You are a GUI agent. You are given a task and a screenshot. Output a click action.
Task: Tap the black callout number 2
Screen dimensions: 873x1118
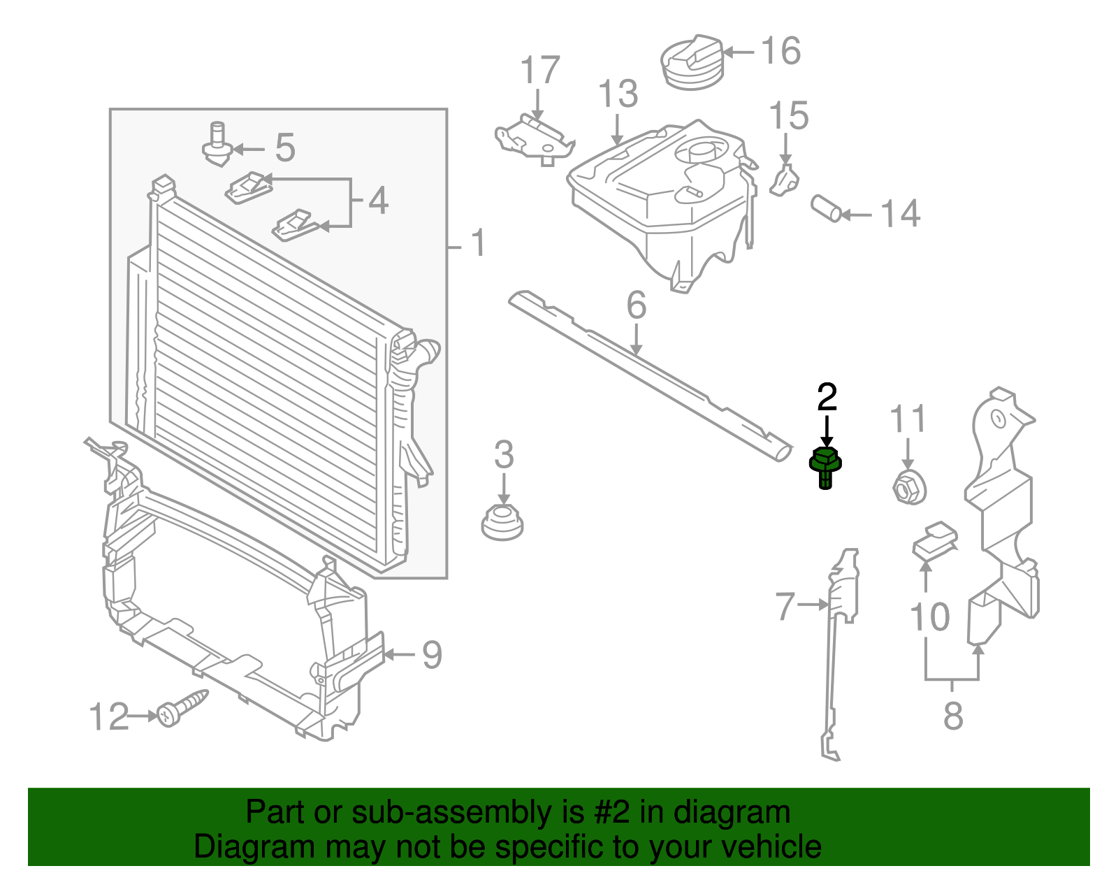[827, 398]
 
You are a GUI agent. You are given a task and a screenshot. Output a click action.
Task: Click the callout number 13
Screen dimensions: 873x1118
[618, 94]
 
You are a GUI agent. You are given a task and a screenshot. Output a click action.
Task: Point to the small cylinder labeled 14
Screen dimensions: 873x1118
[827, 208]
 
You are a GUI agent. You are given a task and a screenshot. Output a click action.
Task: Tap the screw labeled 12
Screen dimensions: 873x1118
[181, 707]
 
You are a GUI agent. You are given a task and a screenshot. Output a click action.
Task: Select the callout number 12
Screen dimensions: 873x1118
[109, 717]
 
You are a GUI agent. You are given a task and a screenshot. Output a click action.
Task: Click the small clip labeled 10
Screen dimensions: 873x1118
[935, 540]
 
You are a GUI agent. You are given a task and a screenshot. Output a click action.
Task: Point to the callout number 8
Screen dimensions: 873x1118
[953, 716]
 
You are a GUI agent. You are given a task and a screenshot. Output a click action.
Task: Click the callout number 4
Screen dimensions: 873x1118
[378, 201]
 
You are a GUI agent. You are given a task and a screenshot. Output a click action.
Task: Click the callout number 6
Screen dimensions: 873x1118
[636, 305]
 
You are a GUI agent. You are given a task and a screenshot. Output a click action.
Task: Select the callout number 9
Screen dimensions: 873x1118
[432, 655]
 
